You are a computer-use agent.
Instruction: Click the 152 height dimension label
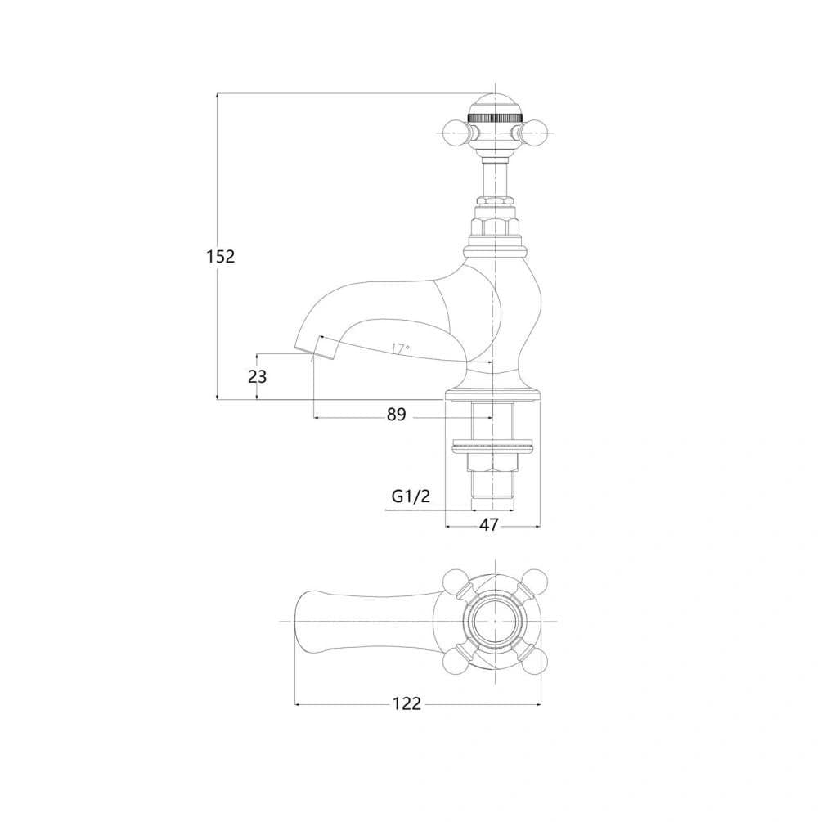click(221, 256)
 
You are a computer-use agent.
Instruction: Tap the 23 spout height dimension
click(258, 376)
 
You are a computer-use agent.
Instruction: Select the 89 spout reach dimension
click(397, 414)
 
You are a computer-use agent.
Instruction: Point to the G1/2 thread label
click(411, 496)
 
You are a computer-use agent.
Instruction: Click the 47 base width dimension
click(488, 525)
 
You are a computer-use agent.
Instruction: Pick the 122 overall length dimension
click(407, 703)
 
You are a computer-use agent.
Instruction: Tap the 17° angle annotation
click(401, 348)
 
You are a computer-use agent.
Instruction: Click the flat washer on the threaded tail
click(492, 447)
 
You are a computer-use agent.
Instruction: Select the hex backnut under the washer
click(492, 461)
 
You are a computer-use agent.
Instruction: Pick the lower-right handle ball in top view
click(533, 660)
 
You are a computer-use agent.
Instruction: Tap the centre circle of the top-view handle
click(495, 622)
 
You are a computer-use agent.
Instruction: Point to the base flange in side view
click(492, 395)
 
